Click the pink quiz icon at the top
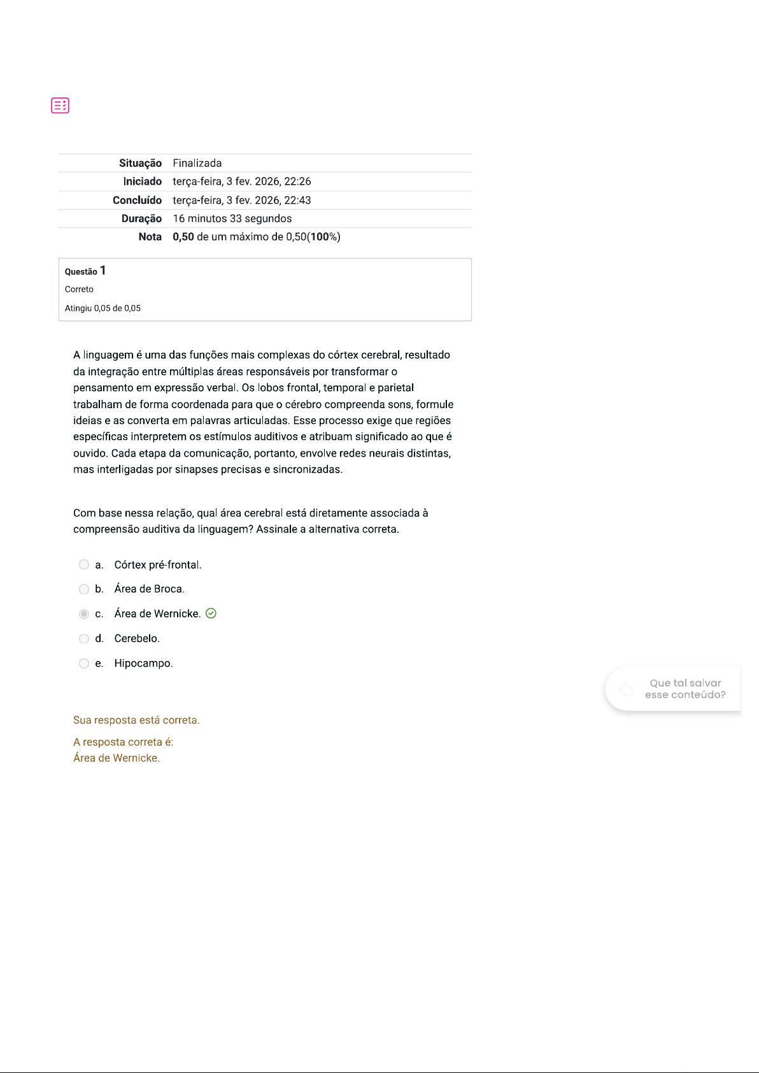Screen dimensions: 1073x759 pyautogui.click(x=60, y=105)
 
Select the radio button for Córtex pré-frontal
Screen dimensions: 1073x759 pyautogui.click(x=84, y=564)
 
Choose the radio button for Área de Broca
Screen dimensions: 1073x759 pyautogui.click(x=84, y=589)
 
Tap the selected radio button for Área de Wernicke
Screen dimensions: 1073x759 pyautogui.click(x=84, y=614)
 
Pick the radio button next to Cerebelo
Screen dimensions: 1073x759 pyautogui.click(x=84, y=639)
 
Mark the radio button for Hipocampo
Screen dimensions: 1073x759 pyautogui.click(x=84, y=664)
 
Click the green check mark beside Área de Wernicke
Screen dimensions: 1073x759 pyautogui.click(x=211, y=613)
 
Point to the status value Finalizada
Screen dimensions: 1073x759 pyautogui.click(x=197, y=163)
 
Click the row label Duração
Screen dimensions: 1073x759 pyautogui.click(x=141, y=218)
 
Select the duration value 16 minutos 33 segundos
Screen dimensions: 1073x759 pyautogui.click(x=232, y=218)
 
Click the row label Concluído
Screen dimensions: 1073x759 pyautogui.click(x=137, y=200)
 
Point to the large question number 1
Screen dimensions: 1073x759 pyautogui.click(x=103, y=271)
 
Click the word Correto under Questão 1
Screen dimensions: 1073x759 pyautogui.click(x=79, y=289)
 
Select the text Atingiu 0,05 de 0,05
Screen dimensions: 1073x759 pyautogui.click(x=103, y=308)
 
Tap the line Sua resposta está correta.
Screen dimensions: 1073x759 pyautogui.click(x=136, y=720)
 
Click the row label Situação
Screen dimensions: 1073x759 pyautogui.click(x=140, y=163)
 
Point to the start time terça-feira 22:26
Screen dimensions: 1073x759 pyautogui.click(x=241, y=181)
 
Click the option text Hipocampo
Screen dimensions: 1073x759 pyautogui.click(x=143, y=664)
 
